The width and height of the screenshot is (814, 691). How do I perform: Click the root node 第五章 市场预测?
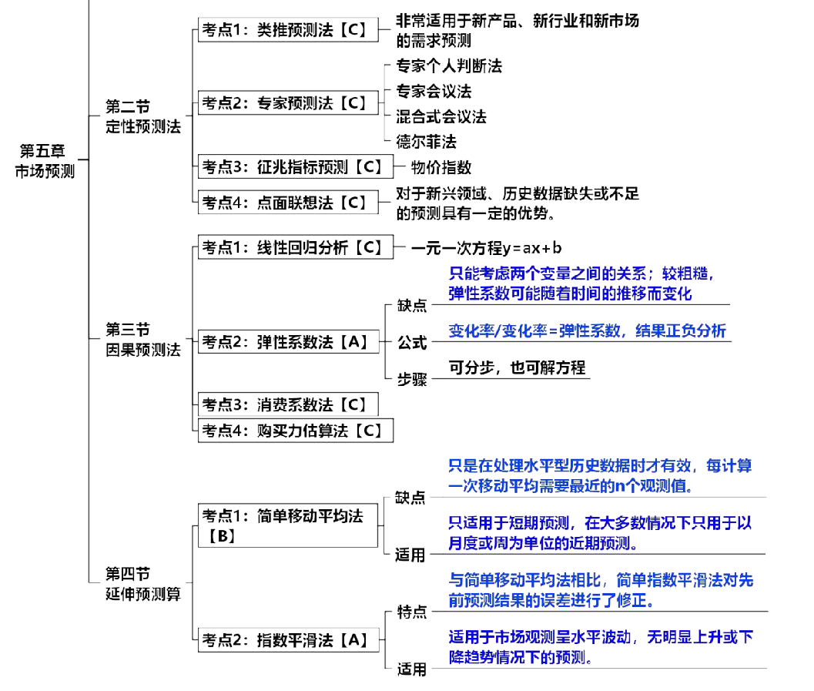45,161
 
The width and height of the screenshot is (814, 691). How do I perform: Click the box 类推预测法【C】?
288,30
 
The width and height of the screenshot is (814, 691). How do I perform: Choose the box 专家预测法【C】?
288,102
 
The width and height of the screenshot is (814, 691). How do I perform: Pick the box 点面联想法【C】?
288,203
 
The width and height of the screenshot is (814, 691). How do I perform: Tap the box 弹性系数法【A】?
288,341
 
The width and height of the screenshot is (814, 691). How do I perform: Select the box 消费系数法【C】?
288,404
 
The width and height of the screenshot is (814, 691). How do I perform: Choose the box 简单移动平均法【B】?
288,525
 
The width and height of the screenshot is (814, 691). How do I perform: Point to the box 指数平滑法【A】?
288,639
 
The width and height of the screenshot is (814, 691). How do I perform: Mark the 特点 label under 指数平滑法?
411,613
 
